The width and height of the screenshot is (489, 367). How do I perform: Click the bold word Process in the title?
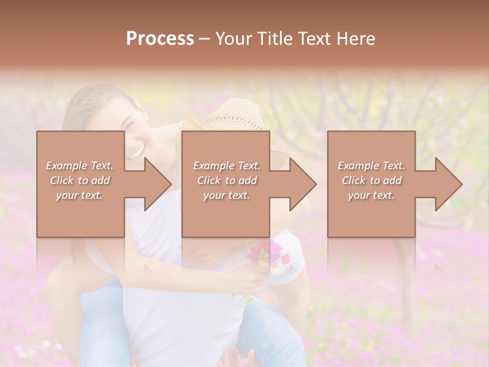tap(160, 39)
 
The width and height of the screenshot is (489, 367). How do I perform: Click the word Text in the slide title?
tap(315, 39)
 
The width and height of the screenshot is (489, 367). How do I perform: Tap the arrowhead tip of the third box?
tap(461, 184)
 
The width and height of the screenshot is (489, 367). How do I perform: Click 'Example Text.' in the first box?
tap(79, 166)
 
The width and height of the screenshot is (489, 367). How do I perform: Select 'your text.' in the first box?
tap(79, 195)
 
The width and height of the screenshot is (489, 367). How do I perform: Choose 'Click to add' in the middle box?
tap(227, 180)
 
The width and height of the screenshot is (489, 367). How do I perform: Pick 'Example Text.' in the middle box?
tap(227, 166)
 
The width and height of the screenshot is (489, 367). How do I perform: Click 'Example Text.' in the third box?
tap(371, 166)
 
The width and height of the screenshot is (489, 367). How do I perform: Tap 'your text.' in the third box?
tap(371, 195)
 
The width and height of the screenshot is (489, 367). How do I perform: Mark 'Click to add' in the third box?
tap(371, 180)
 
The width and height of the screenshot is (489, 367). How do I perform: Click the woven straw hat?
tap(234, 117)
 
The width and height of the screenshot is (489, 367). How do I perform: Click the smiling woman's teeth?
tap(137, 151)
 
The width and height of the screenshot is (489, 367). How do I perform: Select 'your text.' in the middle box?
tap(227, 195)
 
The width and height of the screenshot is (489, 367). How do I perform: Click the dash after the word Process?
tap(205, 39)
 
